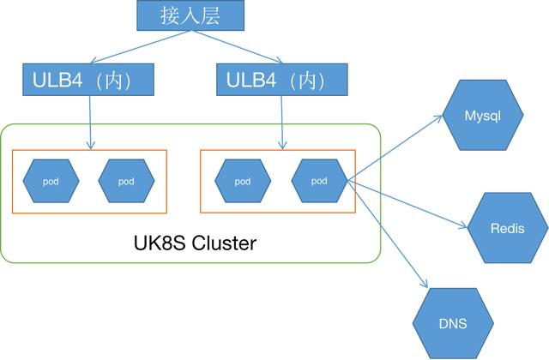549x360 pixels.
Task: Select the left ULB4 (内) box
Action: pos(90,81)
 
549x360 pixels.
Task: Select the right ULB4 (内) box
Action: pos(282,81)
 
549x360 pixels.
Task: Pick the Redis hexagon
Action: pos(506,227)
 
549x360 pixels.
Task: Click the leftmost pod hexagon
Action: pos(51,181)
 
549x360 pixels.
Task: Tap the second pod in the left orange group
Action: pos(126,181)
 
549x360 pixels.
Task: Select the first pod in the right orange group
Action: pos(243,181)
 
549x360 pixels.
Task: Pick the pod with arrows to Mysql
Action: pos(318,181)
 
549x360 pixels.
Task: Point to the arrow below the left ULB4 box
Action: pos(90,120)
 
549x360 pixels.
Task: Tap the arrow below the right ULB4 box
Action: pos(282,120)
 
